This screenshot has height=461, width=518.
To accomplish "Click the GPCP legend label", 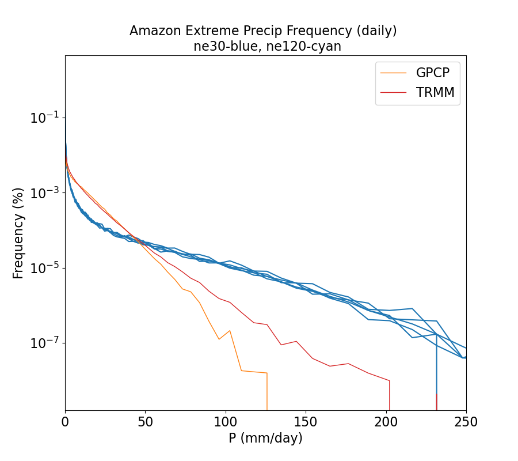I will [x=432, y=73].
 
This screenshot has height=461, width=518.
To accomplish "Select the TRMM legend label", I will [x=435, y=92].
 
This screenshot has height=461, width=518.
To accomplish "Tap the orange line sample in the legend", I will [x=394, y=73].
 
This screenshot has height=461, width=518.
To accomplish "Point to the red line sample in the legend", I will [x=394, y=92].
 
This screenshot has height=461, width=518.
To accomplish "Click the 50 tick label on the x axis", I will [x=145, y=422].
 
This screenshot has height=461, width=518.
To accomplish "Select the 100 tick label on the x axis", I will [x=226, y=422].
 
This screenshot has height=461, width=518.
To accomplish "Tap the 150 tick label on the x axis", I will [x=306, y=422].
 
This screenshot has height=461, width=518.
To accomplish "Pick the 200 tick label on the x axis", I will [x=386, y=422].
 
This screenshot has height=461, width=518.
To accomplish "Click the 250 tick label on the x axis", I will [x=466, y=422].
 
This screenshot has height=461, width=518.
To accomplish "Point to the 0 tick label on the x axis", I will [x=65, y=422].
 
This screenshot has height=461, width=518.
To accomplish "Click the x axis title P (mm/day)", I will [x=265, y=439].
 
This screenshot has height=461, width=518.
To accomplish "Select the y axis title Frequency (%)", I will [x=18, y=233].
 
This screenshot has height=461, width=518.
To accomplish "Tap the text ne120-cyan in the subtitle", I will [x=309, y=47].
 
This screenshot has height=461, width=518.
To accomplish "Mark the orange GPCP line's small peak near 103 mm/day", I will [x=230, y=331].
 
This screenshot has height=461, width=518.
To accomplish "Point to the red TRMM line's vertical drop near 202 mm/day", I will [x=390, y=395].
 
